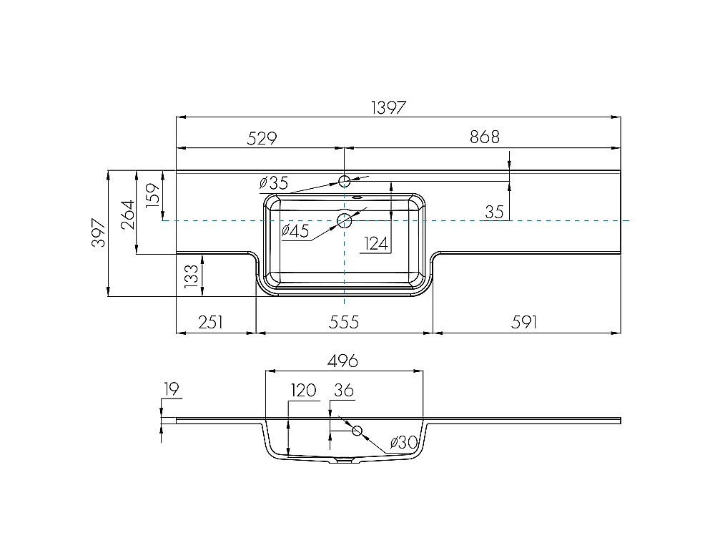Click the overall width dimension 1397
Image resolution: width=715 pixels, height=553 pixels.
(x=389, y=107)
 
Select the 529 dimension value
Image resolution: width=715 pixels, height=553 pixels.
(x=262, y=137)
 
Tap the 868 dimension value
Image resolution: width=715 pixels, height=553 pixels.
(x=484, y=137)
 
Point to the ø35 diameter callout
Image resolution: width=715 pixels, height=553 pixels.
(x=273, y=182)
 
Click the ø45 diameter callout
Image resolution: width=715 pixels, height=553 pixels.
(x=295, y=230)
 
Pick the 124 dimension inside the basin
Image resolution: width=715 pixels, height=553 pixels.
(x=377, y=244)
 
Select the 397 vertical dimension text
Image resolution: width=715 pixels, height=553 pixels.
(x=99, y=233)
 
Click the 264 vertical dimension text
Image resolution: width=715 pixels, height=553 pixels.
(x=127, y=214)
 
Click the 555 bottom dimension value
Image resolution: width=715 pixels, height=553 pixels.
(x=344, y=323)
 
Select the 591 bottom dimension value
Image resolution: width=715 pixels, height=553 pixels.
(x=524, y=323)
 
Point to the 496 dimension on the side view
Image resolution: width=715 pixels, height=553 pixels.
(x=343, y=361)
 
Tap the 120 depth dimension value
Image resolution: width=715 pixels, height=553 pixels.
(x=303, y=391)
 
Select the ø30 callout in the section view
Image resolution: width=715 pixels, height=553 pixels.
(x=404, y=444)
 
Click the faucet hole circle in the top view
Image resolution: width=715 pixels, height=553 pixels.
(x=345, y=181)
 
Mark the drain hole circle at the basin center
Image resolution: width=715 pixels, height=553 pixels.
(x=345, y=220)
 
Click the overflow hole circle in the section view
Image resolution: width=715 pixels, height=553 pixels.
(x=357, y=430)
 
